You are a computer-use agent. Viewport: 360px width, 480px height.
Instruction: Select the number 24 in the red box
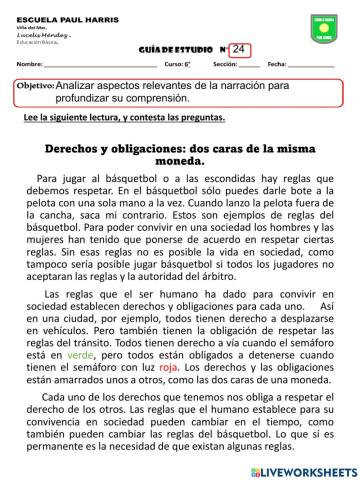coord(238,50)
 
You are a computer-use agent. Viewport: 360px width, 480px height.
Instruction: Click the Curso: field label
coord(176,66)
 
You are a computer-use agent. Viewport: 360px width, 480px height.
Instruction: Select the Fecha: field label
coord(277,66)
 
